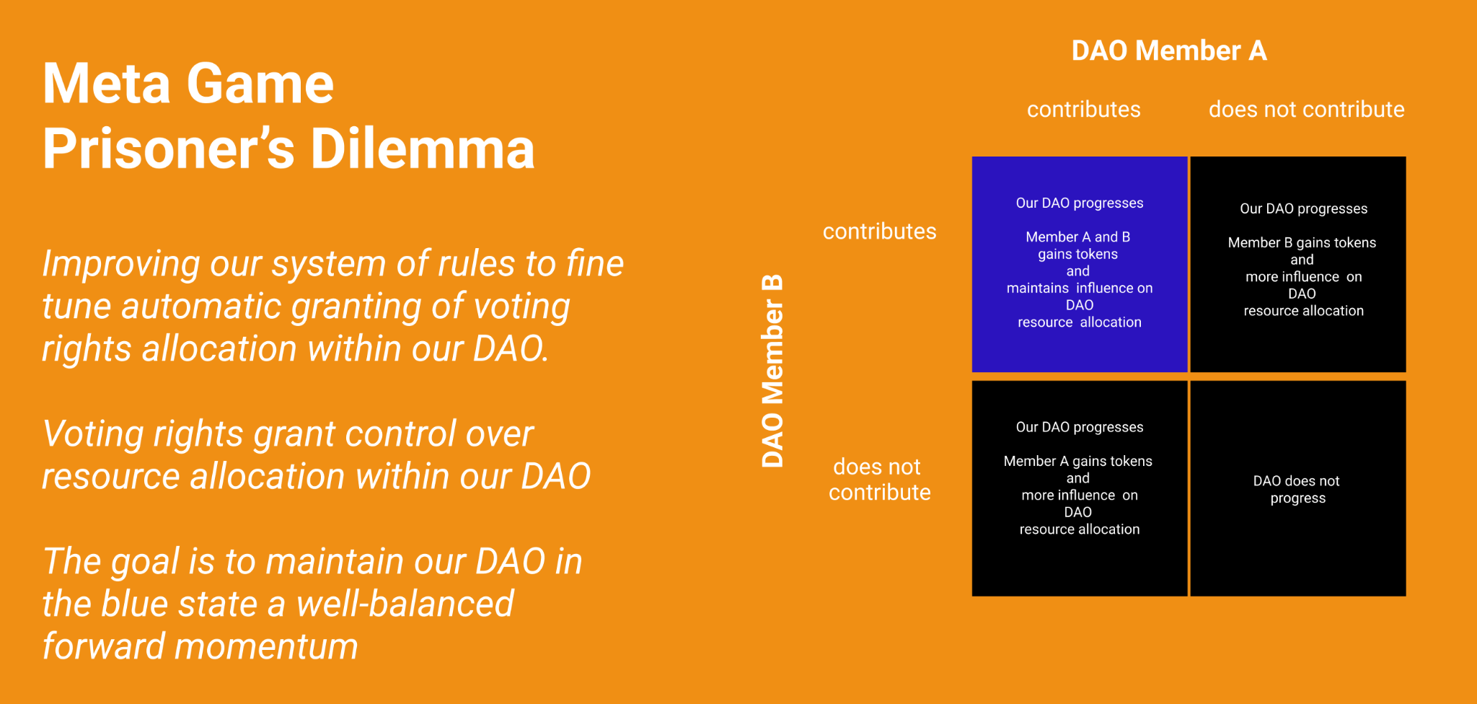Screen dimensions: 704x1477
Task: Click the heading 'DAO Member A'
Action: tap(1168, 50)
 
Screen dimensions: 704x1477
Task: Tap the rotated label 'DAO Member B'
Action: tap(772, 371)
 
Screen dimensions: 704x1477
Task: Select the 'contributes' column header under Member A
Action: tap(1083, 110)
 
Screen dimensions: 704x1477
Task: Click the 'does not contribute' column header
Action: tap(1306, 110)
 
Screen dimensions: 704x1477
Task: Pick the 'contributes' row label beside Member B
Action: tap(879, 232)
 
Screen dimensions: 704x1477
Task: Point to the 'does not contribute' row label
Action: tap(878, 480)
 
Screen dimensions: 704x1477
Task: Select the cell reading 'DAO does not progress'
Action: tap(1297, 489)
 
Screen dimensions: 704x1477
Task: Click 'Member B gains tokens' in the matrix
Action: tap(1302, 242)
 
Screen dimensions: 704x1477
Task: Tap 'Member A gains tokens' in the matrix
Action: tap(1077, 461)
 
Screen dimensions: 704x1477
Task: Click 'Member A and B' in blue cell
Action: tap(1077, 237)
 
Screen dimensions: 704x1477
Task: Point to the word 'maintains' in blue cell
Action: tap(1037, 288)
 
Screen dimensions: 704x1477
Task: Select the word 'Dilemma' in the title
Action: tap(422, 149)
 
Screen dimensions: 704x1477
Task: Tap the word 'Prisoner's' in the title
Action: tap(168, 149)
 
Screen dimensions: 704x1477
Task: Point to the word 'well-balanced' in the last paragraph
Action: tap(405, 604)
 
